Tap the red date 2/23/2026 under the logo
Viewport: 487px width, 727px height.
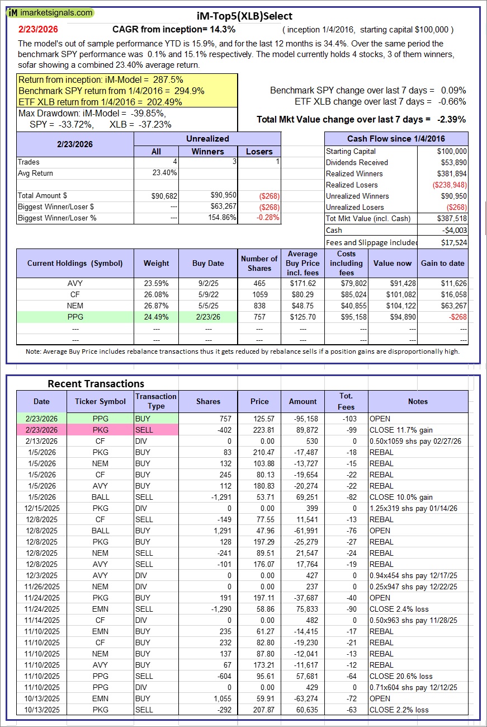click(x=38, y=29)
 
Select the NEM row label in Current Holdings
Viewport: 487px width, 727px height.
click(x=75, y=306)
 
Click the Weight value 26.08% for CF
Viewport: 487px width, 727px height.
click(x=156, y=294)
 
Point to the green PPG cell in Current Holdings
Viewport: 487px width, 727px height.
click(x=75, y=317)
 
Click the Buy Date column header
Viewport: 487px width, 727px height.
click(x=208, y=263)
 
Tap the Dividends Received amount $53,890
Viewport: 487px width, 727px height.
click(x=451, y=162)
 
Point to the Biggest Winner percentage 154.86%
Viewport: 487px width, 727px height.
click(x=208, y=218)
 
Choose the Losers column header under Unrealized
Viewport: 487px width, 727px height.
click(x=259, y=151)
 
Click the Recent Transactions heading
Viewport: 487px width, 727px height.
click(x=96, y=383)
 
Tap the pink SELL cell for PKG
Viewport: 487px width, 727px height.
click(x=156, y=430)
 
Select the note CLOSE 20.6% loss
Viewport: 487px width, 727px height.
click(x=401, y=676)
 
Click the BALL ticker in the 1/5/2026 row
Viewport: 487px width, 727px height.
click(x=101, y=497)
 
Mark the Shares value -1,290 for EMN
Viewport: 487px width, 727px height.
click(x=209, y=609)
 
